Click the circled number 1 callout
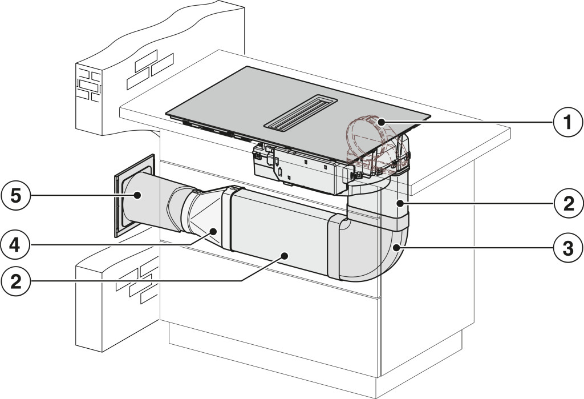pos(567,122)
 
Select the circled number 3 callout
pos(567,248)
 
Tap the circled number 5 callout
pos(15,195)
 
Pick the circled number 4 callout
pos(15,245)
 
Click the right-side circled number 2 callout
pos(567,204)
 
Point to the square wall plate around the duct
pos(135,196)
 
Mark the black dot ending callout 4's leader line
pos(213,231)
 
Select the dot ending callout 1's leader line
pos(380,121)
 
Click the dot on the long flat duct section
pos(285,255)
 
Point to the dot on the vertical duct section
pos(400,203)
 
